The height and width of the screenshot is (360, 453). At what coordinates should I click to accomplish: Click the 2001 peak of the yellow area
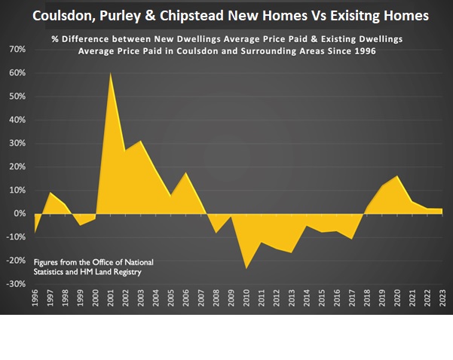point(111,73)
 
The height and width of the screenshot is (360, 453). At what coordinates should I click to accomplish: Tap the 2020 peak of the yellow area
point(397,176)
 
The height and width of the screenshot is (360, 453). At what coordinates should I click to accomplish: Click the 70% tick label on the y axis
point(17,50)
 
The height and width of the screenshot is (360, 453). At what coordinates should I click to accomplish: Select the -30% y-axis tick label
point(15,285)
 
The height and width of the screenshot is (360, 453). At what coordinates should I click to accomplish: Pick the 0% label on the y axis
point(20,214)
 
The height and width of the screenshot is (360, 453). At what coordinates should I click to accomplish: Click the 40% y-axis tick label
point(17,121)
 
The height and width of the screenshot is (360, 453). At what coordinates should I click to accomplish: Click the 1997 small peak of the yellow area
point(51,193)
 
